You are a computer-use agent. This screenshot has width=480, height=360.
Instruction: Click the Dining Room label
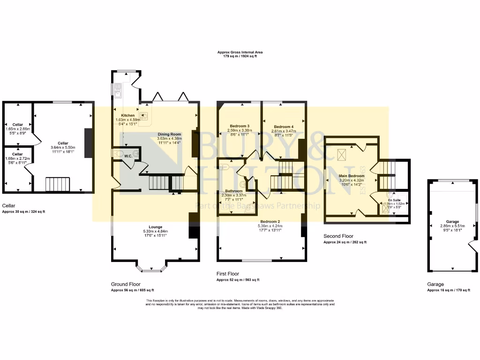pos(169,134)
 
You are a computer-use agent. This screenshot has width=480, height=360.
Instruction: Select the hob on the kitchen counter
pos(143,116)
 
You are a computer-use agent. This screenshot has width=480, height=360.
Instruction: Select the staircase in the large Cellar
pos(57,184)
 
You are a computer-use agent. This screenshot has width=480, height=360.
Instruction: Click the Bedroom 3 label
pos(239,126)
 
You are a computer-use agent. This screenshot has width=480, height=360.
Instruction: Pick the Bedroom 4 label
pos(284,127)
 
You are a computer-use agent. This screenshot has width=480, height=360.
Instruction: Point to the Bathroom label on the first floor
pos(233,191)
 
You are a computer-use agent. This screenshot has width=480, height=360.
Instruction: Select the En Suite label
pos(394,200)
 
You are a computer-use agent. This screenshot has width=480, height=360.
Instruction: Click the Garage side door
pos(473,247)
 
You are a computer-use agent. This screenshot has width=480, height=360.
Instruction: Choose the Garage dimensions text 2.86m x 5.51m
pos(452,226)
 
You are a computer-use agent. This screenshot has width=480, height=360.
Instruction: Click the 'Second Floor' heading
pos(338,236)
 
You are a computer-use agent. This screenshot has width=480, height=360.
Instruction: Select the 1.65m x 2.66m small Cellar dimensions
pos(18,128)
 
